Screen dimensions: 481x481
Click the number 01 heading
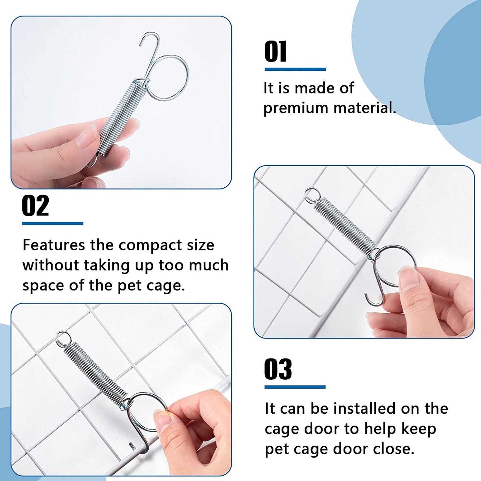point(275,52)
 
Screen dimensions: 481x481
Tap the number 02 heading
point(35,206)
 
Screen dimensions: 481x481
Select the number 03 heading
point(278,369)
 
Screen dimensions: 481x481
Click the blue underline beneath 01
point(295,69)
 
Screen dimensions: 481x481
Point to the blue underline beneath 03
point(295,387)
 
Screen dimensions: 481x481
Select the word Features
point(54,245)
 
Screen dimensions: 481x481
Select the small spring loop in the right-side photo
point(312,194)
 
